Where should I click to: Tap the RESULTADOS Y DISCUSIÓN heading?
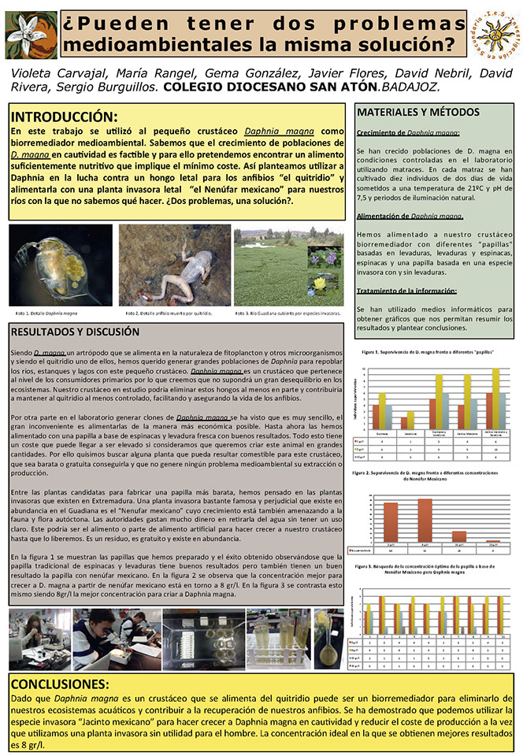coord(76,332)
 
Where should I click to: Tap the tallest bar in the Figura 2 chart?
coord(425,520)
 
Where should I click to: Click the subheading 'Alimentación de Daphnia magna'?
coord(409,215)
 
